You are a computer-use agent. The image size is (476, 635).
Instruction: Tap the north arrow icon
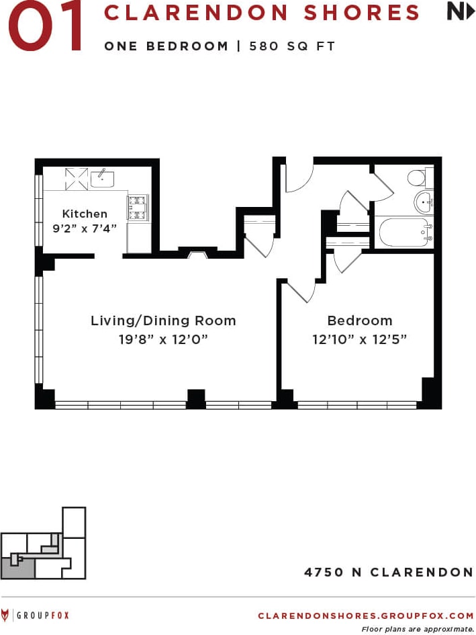point(461,12)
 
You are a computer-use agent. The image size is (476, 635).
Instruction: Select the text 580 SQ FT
point(292,46)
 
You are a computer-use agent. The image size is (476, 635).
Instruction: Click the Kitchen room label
point(85,214)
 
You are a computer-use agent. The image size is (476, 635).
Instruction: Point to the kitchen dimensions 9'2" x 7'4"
point(85,228)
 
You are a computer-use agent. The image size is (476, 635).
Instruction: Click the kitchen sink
point(102,178)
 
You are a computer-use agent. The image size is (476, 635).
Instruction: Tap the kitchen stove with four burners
point(139,207)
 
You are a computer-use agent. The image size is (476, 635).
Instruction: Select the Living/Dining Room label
point(163,321)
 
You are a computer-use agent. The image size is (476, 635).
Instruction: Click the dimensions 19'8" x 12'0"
point(163,339)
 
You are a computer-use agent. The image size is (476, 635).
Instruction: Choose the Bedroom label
point(359,321)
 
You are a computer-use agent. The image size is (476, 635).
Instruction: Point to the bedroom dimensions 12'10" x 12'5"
point(359,339)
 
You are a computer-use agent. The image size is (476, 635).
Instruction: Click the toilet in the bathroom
point(417,178)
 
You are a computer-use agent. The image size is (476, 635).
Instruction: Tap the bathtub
point(405,232)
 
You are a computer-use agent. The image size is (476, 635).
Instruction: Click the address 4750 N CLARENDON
point(389,573)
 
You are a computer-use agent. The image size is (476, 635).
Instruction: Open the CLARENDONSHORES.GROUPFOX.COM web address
point(365,615)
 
